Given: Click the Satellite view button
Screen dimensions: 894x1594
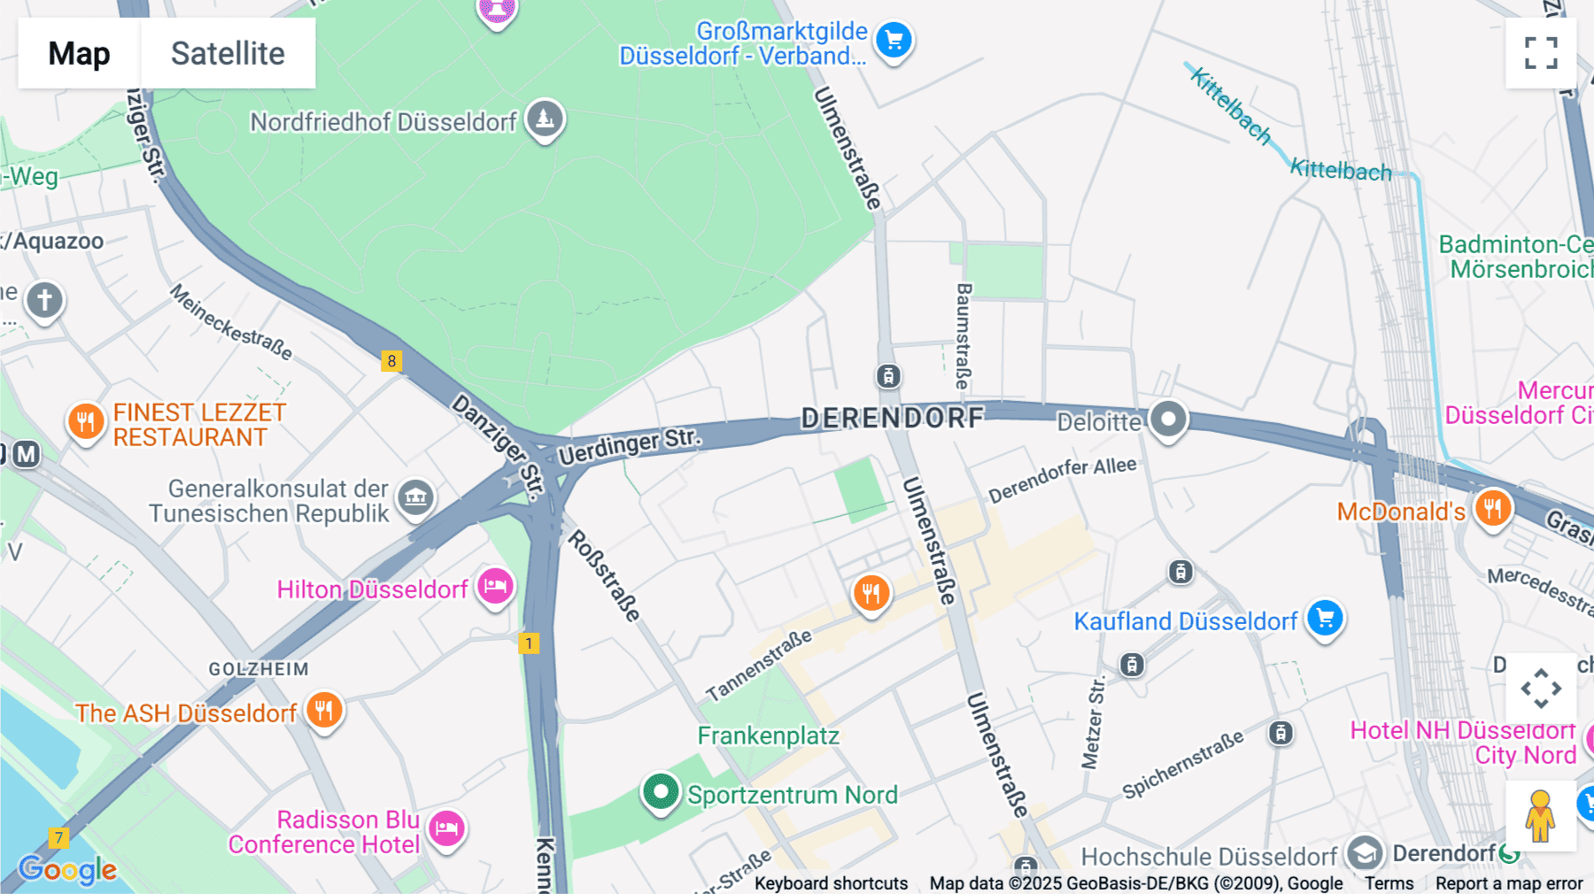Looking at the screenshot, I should (x=228, y=53).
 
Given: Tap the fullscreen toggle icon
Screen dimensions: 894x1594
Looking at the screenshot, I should (x=1541, y=53).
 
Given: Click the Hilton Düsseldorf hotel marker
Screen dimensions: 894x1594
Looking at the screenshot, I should (x=495, y=587).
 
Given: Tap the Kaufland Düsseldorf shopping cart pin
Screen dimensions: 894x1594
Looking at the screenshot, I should (x=1325, y=618).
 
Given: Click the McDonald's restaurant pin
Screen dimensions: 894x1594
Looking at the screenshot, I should (x=1493, y=509).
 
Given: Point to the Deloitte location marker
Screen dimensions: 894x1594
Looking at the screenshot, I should (x=1168, y=419).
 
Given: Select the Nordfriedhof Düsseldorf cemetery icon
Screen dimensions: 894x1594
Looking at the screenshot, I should (x=545, y=118).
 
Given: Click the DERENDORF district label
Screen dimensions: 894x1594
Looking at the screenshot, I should (x=893, y=418).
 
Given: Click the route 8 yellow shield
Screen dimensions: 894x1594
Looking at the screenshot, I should (x=391, y=360).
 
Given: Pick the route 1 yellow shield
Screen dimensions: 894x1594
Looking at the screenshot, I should (x=529, y=644).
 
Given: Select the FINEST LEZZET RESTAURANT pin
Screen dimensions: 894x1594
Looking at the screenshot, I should (x=86, y=421).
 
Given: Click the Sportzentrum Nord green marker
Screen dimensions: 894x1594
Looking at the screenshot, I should (x=661, y=791).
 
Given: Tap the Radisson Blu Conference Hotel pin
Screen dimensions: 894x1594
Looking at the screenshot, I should (x=447, y=828).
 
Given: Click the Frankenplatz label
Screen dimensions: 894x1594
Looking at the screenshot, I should (x=768, y=736).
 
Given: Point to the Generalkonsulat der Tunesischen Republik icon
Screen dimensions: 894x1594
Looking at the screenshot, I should (x=415, y=497).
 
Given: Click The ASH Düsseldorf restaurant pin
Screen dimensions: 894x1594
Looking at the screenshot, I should (x=324, y=710).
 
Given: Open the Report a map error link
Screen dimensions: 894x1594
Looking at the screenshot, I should (x=1509, y=882).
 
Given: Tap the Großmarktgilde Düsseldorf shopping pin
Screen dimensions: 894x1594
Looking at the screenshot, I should (x=894, y=40).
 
